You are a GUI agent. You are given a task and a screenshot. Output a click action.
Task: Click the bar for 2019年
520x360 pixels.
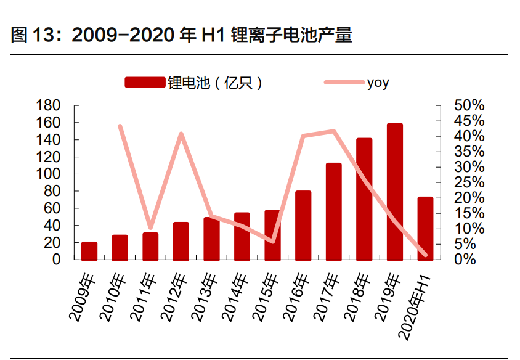click(395, 192)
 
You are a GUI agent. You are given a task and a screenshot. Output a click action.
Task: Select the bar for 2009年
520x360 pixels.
click(89, 251)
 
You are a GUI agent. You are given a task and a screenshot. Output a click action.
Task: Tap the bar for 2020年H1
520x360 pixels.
click(425, 228)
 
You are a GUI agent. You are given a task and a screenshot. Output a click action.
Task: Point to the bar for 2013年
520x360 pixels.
click(211, 239)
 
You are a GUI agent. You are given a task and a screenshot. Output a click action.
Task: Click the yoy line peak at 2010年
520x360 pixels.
click(120, 126)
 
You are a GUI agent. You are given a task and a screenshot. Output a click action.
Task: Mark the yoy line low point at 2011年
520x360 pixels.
click(150, 227)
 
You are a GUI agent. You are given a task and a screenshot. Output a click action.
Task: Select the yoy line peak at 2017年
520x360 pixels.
click(333, 131)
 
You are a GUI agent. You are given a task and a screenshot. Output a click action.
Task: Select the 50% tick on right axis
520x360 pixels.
click(469, 105)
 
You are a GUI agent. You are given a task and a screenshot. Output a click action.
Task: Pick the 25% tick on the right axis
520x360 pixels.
click(469, 182)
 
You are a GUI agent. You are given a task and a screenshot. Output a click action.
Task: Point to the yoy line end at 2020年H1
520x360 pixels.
click(425, 255)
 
